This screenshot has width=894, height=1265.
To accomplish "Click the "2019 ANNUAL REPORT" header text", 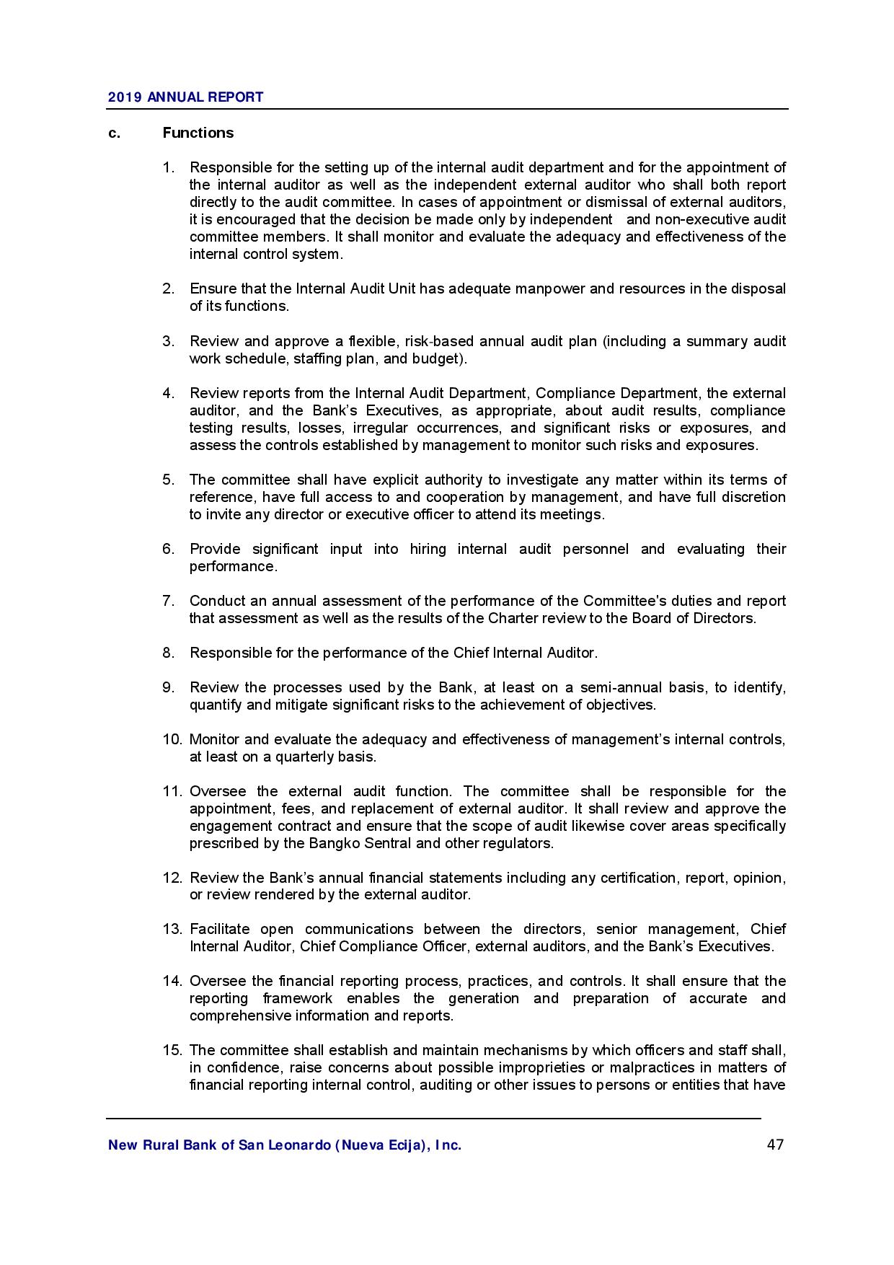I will tap(185, 97).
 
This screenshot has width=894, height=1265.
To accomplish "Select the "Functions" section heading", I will tap(198, 133).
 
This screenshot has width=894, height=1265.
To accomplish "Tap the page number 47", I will tap(775, 1145).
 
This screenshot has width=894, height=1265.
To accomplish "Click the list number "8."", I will tap(169, 653).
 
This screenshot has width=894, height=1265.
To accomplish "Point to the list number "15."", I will tap(172, 1050).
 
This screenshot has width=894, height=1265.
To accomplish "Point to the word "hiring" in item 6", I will tap(428, 549).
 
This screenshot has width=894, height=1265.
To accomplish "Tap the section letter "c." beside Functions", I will tap(114, 133).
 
